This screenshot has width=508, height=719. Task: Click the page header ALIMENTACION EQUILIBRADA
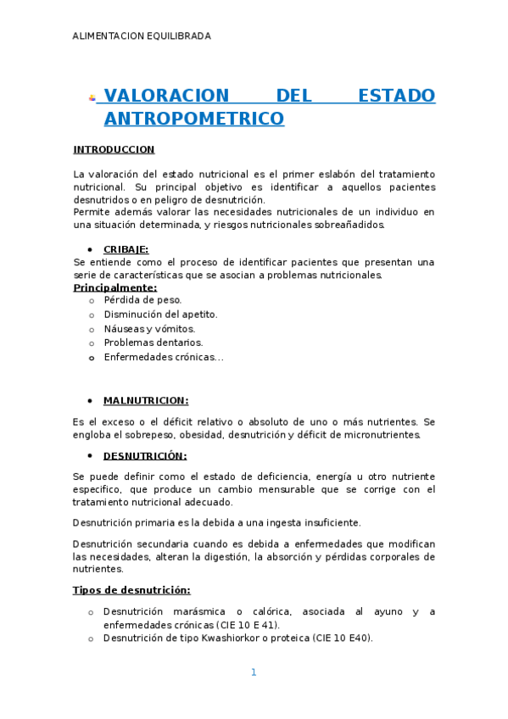tap(142, 36)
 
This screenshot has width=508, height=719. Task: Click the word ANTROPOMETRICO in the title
tap(193, 119)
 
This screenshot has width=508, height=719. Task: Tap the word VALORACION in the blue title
tap(166, 96)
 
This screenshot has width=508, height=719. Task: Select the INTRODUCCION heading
tap(114, 149)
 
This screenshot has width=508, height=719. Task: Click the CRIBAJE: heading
tap(126, 249)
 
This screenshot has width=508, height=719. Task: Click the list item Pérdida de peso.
tap(142, 300)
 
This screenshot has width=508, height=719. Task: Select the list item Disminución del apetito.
tap(160, 315)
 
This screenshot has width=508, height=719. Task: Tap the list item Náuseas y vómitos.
tap(149, 329)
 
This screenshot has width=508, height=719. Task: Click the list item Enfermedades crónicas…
tap(163, 357)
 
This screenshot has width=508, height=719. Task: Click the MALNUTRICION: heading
tap(146, 400)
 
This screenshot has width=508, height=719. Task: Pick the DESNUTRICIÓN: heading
tap(145, 455)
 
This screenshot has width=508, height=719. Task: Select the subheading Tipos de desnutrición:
tap(131, 590)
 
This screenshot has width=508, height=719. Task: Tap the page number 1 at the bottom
tap(253, 672)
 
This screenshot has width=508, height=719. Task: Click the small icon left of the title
tap(92, 98)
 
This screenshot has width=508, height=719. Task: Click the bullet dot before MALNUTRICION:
tap(90, 400)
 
